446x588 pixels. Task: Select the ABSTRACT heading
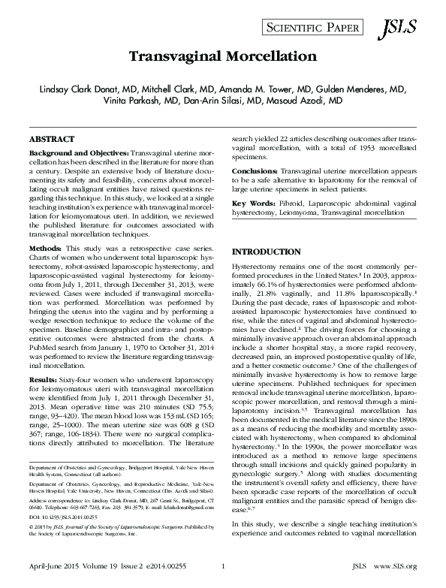[51, 140]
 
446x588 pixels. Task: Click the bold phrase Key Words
[253, 204]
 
